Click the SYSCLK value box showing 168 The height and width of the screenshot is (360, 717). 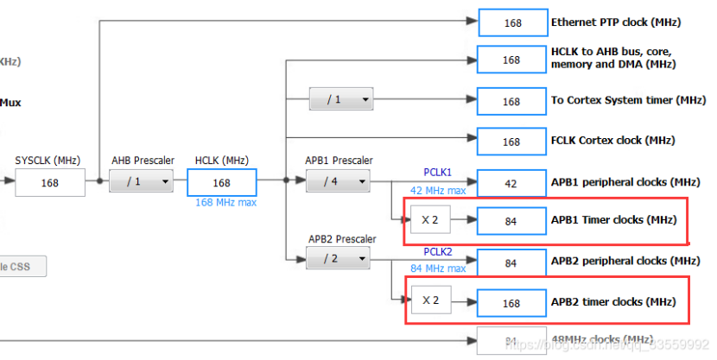[49, 183]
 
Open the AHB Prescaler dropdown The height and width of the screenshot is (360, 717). [141, 181]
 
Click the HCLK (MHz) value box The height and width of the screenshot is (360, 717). [222, 183]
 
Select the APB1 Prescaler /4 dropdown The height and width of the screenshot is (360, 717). [338, 181]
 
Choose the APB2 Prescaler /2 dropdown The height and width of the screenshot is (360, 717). [338, 257]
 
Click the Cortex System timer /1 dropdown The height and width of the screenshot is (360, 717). [342, 100]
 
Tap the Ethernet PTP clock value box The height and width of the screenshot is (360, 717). [511, 22]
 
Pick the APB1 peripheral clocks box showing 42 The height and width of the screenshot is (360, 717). [511, 183]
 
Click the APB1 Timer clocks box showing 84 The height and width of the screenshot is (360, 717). [511, 220]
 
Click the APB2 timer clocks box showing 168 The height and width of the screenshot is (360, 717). [511, 303]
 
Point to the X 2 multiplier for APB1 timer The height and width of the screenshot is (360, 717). [430, 220]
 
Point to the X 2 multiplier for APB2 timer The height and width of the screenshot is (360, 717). [430, 302]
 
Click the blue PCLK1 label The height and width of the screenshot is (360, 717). [437, 173]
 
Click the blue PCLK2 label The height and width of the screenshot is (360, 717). [437, 251]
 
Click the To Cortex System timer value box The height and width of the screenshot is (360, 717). [511, 102]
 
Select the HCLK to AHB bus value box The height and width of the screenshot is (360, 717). [511, 60]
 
